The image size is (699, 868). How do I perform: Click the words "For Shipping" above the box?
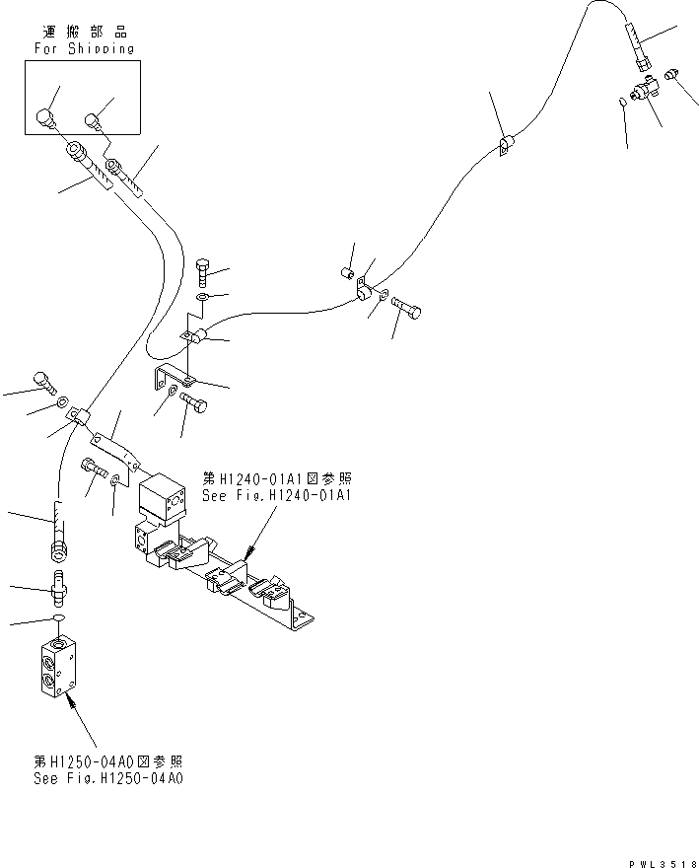[x=84, y=47]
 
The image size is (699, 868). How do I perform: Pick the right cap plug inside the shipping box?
[x=94, y=123]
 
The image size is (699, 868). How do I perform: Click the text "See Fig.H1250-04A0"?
[x=108, y=777]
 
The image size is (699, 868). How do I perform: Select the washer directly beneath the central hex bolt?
[x=202, y=296]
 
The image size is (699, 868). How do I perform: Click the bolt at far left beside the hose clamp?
[x=42, y=381]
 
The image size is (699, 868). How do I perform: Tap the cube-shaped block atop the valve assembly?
[x=163, y=497]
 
